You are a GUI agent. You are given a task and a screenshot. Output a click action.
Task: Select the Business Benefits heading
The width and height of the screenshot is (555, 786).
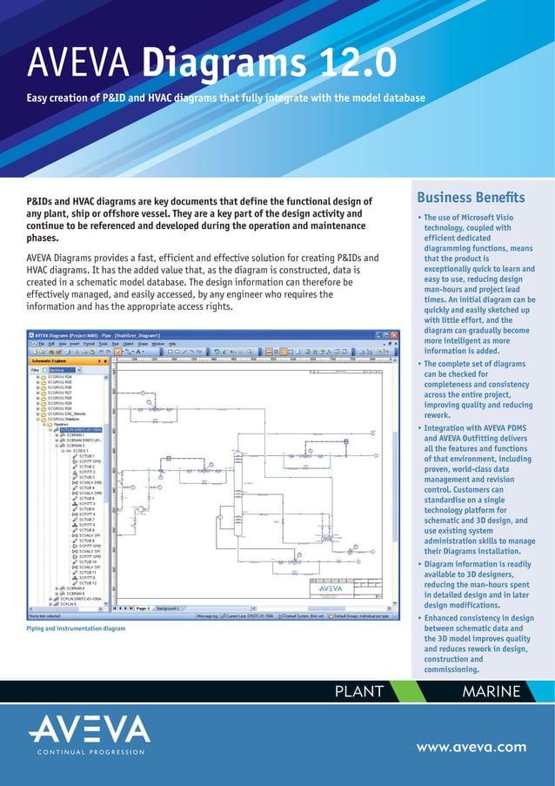(x=471, y=198)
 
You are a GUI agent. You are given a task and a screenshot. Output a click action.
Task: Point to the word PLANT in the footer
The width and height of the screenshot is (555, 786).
(x=358, y=692)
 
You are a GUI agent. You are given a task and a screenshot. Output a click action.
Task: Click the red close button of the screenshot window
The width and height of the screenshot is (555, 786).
(x=393, y=335)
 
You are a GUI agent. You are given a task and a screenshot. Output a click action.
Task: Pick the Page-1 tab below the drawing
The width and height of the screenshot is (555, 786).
(x=140, y=608)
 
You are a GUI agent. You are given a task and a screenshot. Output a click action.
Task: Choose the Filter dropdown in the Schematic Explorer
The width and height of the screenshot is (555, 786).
(x=66, y=370)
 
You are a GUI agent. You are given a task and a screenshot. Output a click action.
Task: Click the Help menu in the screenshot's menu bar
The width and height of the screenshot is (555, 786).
(x=171, y=344)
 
